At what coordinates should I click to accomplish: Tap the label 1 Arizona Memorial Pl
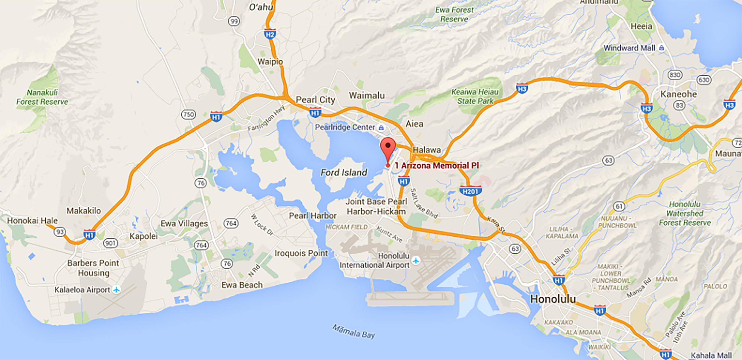(x=437, y=165)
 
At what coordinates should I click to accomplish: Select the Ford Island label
(x=344, y=172)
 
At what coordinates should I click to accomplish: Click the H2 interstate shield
(x=270, y=34)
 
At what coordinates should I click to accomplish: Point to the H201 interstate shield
(x=470, y=191)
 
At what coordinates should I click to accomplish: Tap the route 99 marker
(x=234, y=21)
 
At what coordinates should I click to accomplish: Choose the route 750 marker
(x=188, y=114)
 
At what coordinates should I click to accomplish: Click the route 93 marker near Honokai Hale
(x=60, y=232)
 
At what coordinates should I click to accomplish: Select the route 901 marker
(x=110, y=243)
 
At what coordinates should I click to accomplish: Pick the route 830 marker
(x=675, y=75)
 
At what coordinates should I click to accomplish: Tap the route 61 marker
(x=619, y=206)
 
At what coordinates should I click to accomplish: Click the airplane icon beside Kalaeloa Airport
(x=116, y=290)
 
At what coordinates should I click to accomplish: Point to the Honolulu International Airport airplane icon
(x=416, y=261)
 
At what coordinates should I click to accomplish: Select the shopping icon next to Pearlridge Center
(x=381, y=128)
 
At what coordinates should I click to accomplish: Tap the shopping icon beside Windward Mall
(x=662, y=48)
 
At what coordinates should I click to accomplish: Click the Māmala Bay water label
(x=354, y=331)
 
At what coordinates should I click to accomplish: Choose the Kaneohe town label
(x=678, y=94)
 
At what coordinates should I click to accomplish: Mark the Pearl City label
(x=315, y=100)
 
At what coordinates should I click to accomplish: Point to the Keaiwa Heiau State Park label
(x=475, y=96)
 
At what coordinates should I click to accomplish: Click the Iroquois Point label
(x=301, y=253)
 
